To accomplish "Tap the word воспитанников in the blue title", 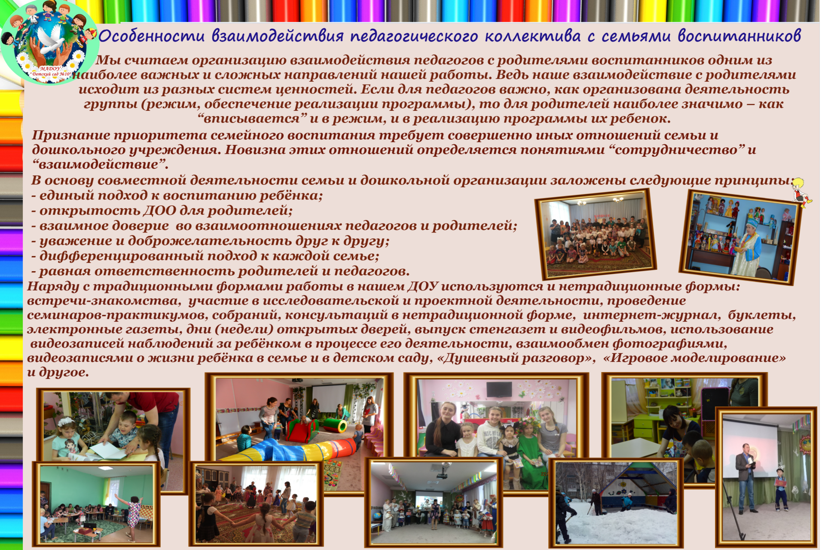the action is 739,36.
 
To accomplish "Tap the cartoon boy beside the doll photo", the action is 801,192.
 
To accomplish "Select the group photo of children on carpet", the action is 596,234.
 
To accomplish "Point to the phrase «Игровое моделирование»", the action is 694,358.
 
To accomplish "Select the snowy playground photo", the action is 616,503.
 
